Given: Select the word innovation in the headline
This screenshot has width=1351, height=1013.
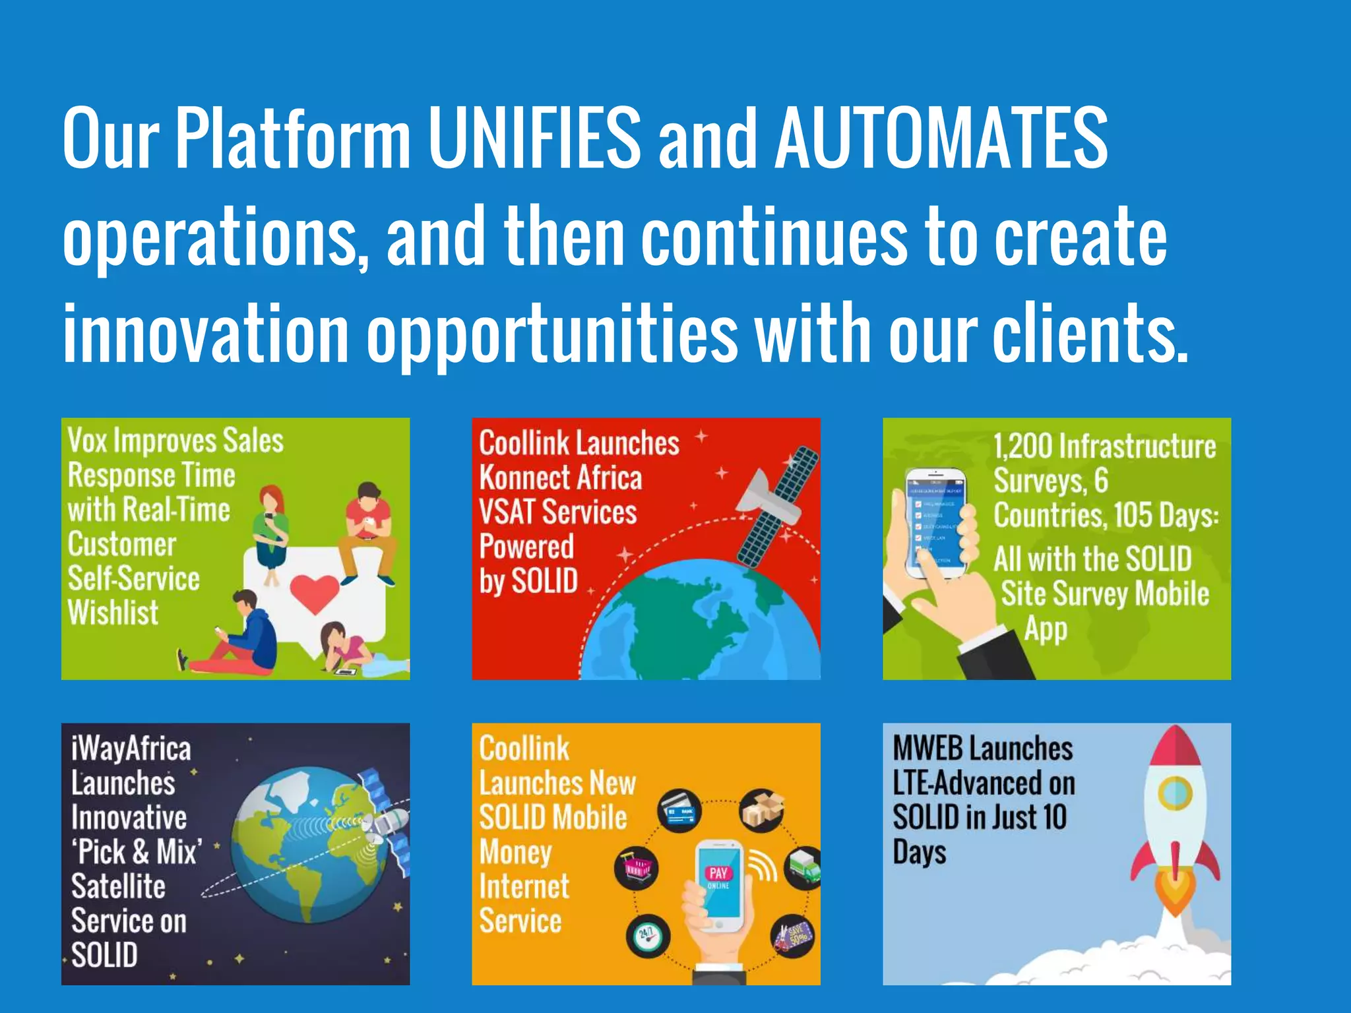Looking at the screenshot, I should pos(205,332).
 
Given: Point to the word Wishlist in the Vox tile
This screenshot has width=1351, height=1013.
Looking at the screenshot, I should pos(113,613).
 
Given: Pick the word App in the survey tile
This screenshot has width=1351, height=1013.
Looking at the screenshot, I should pos(1045,630).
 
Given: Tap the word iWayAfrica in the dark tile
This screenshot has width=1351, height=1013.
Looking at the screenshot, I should pos(131,749).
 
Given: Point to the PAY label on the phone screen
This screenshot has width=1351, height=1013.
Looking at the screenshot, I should pos(718,873).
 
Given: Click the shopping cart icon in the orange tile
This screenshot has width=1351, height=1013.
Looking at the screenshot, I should pos(637,867).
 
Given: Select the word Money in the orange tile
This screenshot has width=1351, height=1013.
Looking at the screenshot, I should pos(515,852).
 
